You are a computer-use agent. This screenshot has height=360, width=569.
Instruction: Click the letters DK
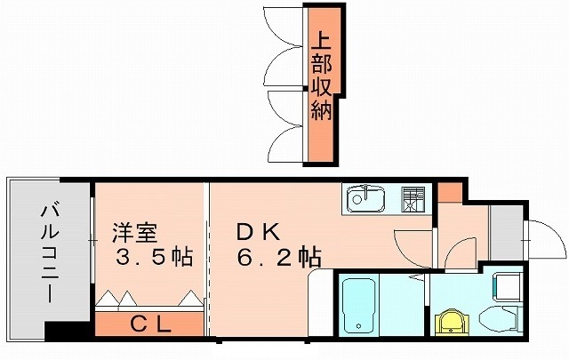click(x=259, y=234)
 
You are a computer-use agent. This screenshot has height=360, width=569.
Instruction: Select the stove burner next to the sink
click(x=413, y=199)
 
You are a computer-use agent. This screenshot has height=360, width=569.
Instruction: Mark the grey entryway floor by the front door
click(x=505, y=228)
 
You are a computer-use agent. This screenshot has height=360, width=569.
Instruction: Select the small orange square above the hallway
click(x=449, y=191)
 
